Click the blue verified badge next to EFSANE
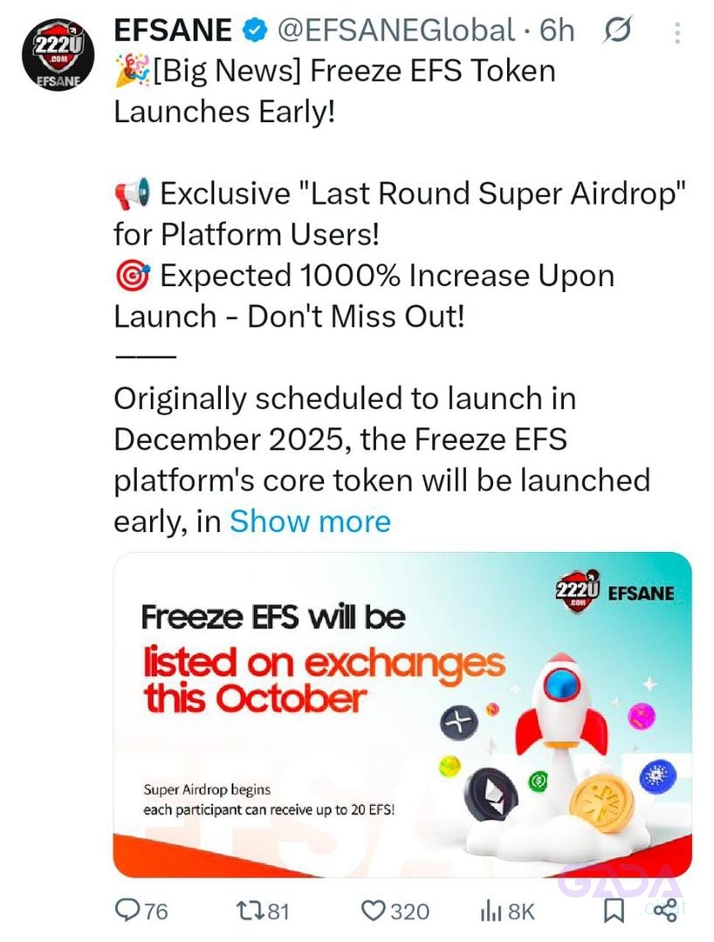point(255,30)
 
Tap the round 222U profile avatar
point(58,55)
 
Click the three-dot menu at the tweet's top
point(677,33)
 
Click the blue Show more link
point(310,521)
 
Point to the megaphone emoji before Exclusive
point(132,194)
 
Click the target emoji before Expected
point(132,276)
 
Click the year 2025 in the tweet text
point(310,440)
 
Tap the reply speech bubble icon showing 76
point(127,911)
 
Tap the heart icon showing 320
point(374,911)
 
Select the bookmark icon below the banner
point(614,911)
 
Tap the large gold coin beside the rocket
point(601,803)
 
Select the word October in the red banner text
point(291,699)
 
